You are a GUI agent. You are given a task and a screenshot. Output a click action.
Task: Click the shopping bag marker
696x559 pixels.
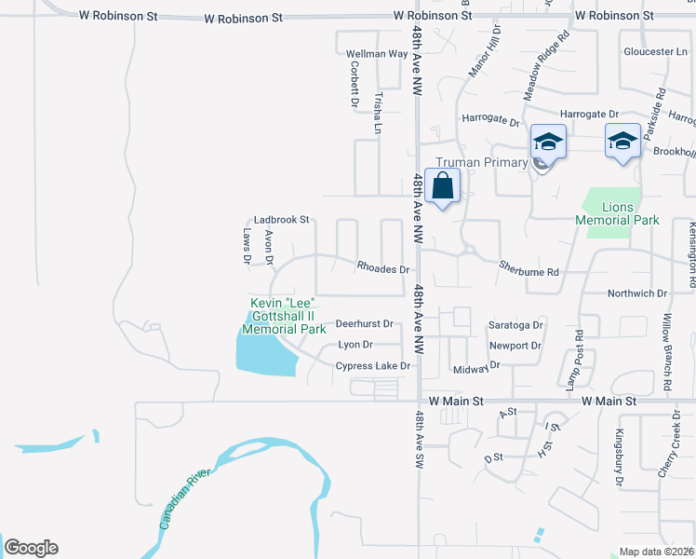(x=442, y=184)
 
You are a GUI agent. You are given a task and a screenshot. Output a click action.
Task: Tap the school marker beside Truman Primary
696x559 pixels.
(x=548, y=143)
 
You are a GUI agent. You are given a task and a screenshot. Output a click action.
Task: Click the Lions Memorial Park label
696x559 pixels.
(x=617, y=213)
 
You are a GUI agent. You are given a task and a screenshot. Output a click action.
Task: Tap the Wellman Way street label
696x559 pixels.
(x=377, y=54)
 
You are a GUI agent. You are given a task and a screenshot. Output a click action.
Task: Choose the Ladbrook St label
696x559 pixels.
(x=281, y=220)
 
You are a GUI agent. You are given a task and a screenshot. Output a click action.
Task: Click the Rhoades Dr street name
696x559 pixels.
(x=383, y=268)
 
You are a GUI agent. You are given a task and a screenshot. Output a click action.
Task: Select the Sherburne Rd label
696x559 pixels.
(x=529, y=272)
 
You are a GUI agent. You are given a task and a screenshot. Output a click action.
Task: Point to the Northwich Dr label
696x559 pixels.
(x=637, y=293)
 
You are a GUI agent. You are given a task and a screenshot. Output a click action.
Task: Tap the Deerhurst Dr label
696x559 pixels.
(x=365, y=324)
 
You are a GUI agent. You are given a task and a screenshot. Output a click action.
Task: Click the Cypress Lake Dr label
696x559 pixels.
(x=372, y=366)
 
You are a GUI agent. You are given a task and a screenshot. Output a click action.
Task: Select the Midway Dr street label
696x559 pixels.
(x=471, y=370)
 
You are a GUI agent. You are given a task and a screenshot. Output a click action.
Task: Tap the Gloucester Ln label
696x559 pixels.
(x=655, y=51)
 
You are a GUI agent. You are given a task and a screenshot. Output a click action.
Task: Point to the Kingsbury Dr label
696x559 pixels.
(x=618, y=457)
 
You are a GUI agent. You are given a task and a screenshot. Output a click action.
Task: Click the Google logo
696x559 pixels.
(x=32, y=548)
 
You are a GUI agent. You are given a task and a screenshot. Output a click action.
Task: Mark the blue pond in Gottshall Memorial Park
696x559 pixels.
(x=264, y=353)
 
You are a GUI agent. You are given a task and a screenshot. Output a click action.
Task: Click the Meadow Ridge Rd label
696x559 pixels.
(x=545, y=68)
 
